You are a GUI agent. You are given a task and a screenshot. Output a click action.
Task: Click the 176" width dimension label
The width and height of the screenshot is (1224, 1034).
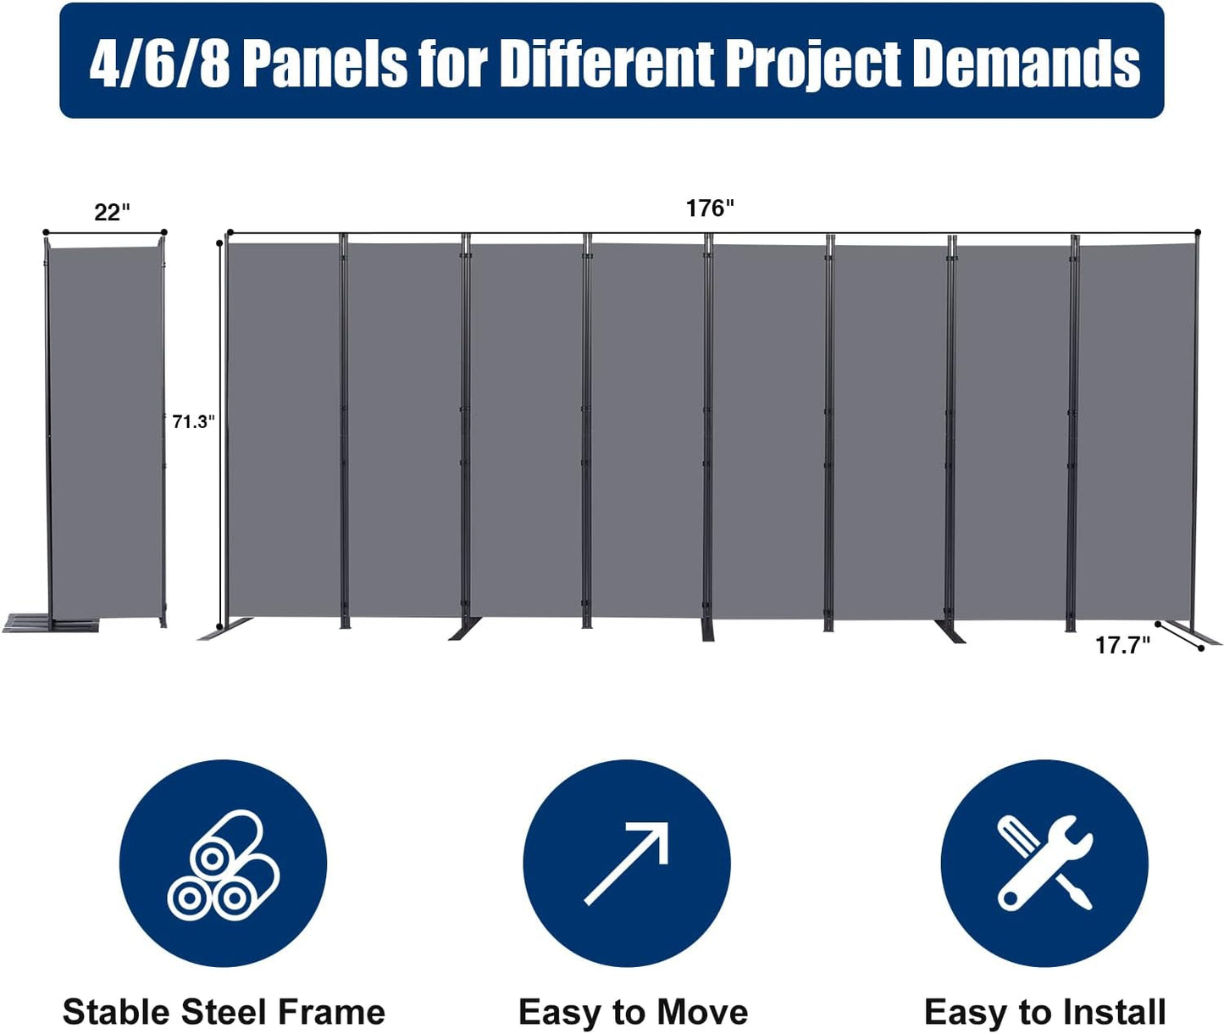point(710,208)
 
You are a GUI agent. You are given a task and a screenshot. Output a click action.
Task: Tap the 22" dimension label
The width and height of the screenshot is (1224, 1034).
point(112,212)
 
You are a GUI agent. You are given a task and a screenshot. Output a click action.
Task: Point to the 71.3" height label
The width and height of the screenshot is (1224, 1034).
point(193,421)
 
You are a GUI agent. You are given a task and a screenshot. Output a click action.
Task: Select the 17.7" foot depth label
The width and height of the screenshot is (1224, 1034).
point(1122,646)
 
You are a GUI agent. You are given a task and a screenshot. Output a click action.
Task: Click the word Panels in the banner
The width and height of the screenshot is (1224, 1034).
point(324,64)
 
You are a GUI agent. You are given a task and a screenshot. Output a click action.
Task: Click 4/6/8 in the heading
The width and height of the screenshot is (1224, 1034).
point(159,64)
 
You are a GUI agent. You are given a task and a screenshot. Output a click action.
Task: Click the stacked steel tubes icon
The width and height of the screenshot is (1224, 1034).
point(223,864)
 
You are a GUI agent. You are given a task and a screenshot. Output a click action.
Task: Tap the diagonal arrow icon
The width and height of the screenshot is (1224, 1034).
point(627,863)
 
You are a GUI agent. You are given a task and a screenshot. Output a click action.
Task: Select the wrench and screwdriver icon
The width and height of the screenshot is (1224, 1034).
point(1044,863)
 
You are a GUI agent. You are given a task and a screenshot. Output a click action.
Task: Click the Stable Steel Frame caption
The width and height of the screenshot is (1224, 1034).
point(224,1012)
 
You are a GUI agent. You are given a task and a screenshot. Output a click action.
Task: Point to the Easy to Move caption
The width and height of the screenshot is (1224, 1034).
point(633,1012)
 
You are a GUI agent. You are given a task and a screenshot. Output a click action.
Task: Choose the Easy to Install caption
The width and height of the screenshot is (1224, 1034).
point(1044,1012)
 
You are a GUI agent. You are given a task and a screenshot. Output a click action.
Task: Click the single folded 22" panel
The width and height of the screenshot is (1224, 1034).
point(104,432)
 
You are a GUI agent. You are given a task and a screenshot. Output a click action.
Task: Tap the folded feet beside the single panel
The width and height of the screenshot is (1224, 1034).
point(51,625)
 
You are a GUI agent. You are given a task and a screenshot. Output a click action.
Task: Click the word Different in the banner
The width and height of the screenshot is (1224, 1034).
point(607,64)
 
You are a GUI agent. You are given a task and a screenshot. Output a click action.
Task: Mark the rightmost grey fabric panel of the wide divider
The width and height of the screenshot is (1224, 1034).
point(1135,432)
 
